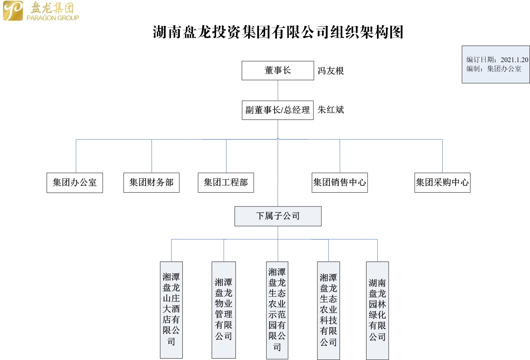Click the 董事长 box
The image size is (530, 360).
point(278,71)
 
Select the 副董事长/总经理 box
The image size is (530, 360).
point(277,110)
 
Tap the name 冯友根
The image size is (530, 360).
point(331,71)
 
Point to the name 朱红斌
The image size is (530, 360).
point(331,110)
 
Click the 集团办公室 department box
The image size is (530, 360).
point(75,183)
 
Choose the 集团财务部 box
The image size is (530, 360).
point(151,182)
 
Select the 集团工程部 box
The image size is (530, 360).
point(226,182)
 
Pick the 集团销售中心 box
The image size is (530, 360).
point(340,182)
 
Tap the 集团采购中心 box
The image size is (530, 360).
point(442,182)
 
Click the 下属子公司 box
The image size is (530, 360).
point(278,216)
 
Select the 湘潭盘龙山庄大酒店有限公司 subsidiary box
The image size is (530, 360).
point(171,310)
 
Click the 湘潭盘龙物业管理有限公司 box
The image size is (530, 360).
point(224,310)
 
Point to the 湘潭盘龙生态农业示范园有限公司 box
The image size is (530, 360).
point(277,310)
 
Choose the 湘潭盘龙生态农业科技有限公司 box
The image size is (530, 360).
point(328,311)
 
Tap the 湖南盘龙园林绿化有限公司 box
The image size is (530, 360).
point(377,311)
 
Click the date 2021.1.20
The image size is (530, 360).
point(514,60)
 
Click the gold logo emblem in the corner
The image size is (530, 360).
point(13,11)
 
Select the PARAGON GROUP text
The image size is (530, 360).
point(53,18)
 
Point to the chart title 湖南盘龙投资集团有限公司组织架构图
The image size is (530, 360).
point(278,32)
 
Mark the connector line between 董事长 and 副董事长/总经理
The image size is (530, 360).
point(278,90)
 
